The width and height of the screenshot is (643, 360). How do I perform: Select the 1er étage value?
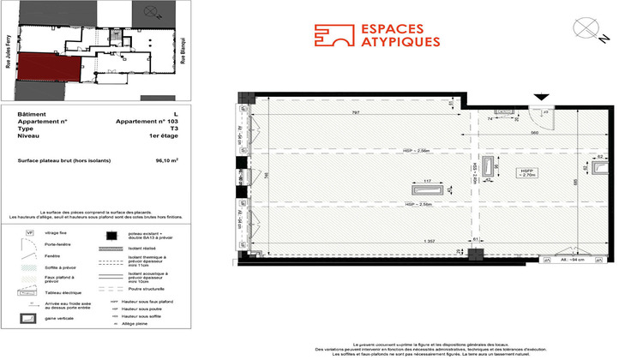click(x=165, y=136)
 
